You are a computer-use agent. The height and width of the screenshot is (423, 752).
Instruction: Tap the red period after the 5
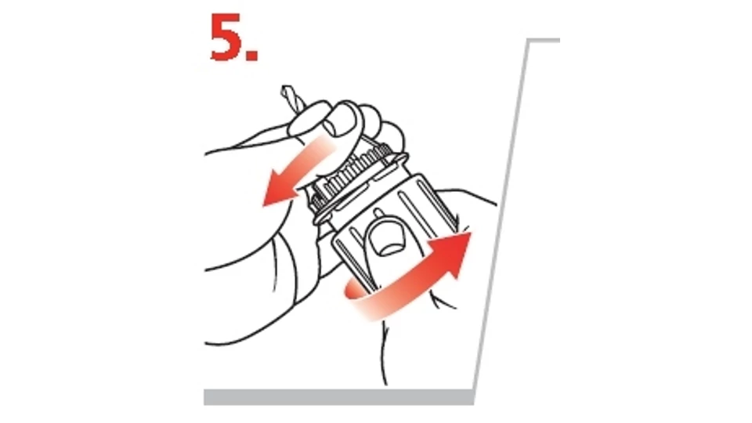coord(252,55)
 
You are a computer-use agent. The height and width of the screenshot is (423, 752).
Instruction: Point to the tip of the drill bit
coord(287,88)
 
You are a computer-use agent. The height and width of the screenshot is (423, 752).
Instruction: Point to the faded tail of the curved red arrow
coord(357,298)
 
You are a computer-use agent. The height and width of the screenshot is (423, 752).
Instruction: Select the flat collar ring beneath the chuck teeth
coord(360,188)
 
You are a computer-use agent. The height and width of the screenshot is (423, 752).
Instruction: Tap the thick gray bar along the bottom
coord(339,397)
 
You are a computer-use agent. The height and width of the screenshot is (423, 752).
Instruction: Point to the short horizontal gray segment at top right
coord(544,41)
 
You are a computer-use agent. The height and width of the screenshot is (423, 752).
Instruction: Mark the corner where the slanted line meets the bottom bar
coord(474,390)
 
